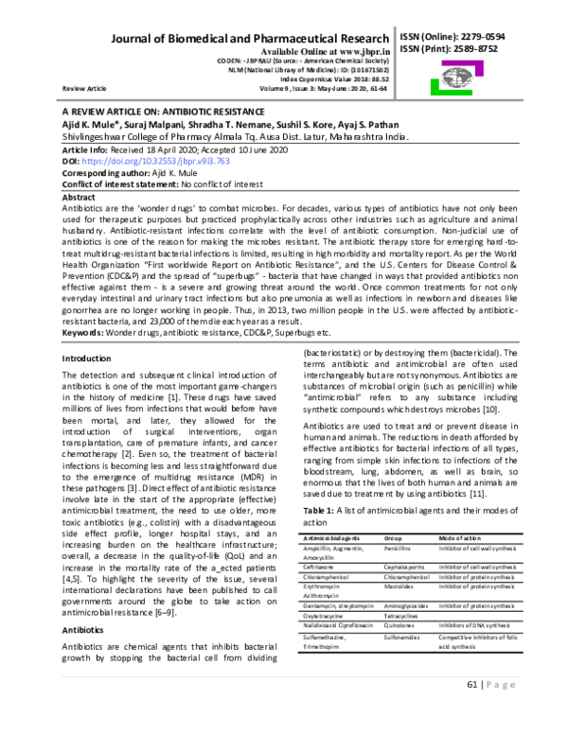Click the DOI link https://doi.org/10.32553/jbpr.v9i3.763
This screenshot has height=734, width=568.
pyautogui.click(x=161, y=163)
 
